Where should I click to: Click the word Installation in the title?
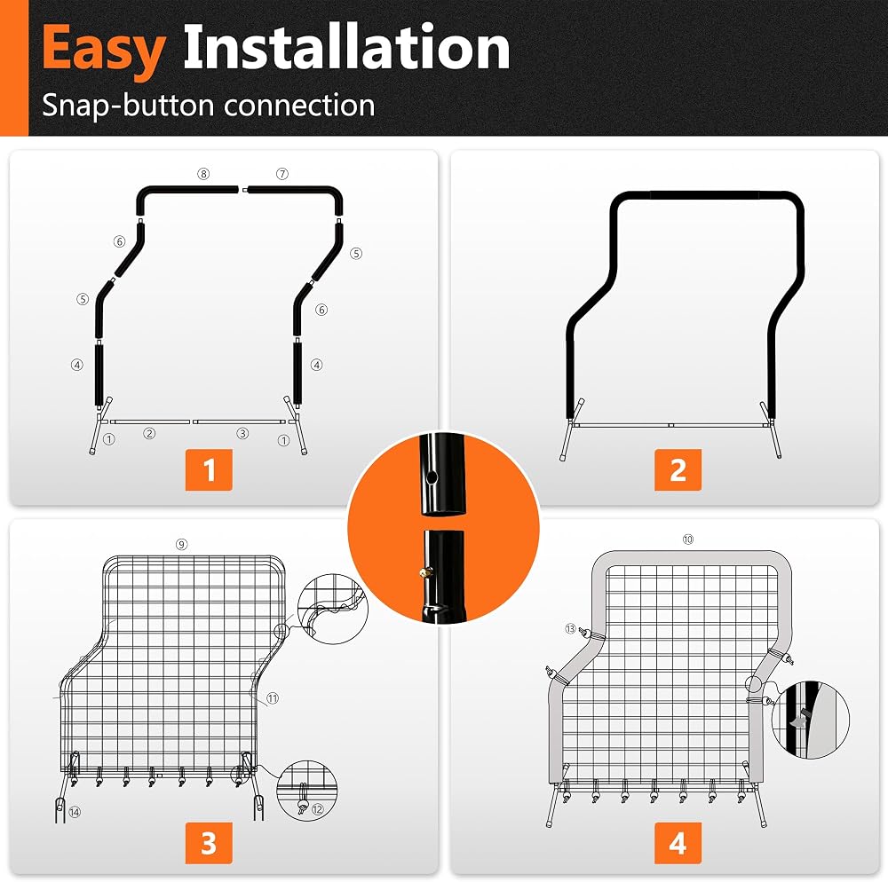point(346,48)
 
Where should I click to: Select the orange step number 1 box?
point(209,469)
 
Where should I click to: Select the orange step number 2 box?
point(678,469)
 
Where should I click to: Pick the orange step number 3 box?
point(209,843)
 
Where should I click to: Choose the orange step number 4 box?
point(678,843)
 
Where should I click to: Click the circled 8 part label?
point(203,174)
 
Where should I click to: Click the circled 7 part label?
point(282,174)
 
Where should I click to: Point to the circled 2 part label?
point(149,433)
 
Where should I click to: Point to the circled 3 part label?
point(242,433)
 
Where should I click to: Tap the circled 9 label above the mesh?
point(181,544)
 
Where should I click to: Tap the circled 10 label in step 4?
point(688,539)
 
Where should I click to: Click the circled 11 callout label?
point(273,698)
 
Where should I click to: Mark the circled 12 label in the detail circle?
point(317,809)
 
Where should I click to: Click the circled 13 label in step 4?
point(570,628)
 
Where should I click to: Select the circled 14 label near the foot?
point(75,813)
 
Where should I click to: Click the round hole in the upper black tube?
point(432,478)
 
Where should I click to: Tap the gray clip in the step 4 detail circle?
point(799,719)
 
